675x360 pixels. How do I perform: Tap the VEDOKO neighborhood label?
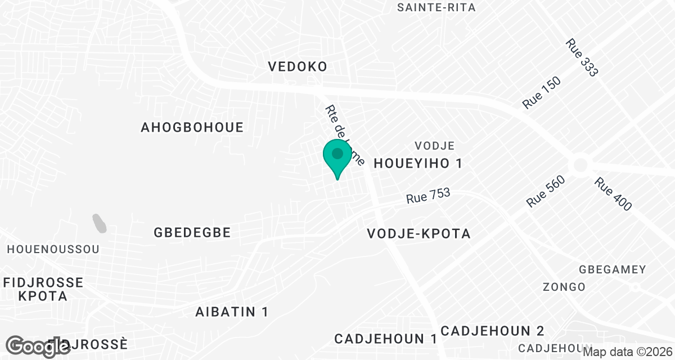coord(298,67)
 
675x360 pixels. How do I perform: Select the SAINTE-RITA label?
coord(436,8)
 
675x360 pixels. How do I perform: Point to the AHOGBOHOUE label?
coord(192,128)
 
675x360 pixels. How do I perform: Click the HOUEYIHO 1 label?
coord(418,164)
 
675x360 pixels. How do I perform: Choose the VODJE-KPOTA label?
coord(418,233)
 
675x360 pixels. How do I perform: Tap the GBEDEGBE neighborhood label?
coord(192,232)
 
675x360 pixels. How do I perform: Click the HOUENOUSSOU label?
coord(53,249)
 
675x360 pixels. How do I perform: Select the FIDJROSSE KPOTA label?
coord(43,289)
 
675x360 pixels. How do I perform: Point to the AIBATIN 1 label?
coord(232,312)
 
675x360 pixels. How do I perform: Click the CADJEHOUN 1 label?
coord(386,339)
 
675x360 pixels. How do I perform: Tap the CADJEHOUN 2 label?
coord(492,330)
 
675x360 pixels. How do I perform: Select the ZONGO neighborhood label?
coord(564,287)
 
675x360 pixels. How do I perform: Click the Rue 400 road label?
coord(613,195)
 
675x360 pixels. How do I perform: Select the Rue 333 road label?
coord(582,57)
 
